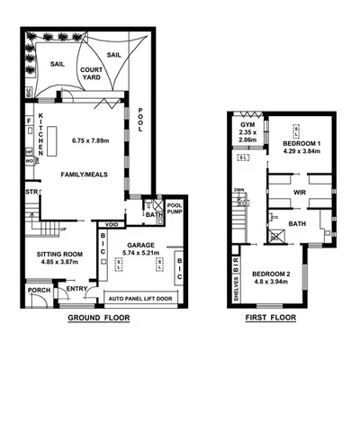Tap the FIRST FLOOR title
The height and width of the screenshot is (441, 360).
(x=274, y=318)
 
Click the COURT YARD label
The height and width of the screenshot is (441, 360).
(x=90, y=74)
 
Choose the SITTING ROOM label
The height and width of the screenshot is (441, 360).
(x=59, y=255)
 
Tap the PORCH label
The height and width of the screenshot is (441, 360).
(x=38, y=290)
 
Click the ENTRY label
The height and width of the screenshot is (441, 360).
(x=77, y=288)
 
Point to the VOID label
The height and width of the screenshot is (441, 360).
(x=112, y=224)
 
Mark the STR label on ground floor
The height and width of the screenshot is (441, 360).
(x=30, y=192)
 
